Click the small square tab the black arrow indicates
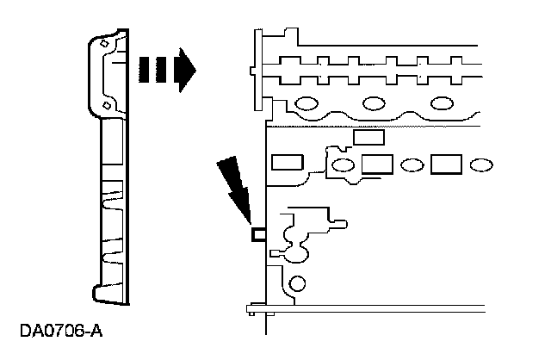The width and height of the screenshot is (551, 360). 257,233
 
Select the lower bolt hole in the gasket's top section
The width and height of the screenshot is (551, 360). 106,104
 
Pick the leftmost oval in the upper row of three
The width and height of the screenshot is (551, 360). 308,104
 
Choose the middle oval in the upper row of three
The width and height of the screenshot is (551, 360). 374,104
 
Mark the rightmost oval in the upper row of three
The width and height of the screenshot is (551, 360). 442,104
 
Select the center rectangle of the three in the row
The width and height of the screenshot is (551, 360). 378,164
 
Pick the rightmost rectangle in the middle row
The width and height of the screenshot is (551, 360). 447,164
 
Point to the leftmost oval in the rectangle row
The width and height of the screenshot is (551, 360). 342,164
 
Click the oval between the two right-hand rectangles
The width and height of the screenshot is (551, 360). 412,164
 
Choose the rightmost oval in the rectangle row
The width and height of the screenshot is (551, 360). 481,164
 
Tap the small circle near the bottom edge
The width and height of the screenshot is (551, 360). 298,282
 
